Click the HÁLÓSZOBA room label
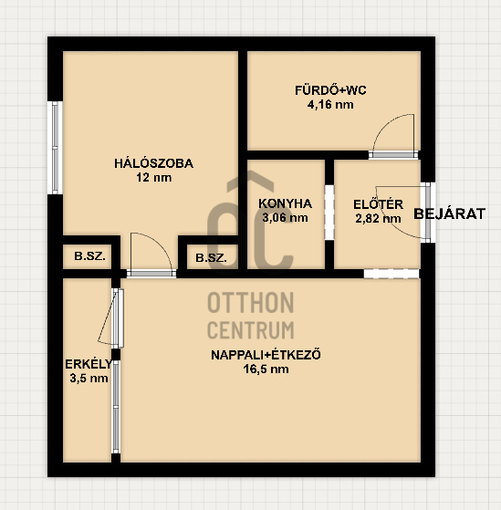pos(153,163)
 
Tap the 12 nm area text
pos(153,178)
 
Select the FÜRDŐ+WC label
pos(330,90)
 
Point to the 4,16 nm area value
pos(330,105)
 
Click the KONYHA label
pos(286,203)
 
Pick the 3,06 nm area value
pos(286,218)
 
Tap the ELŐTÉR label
pos(379,204)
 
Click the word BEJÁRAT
pos(450,213)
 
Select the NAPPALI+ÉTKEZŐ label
pos(266,355)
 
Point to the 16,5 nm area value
pos(266,369)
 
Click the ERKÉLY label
pos(89,364)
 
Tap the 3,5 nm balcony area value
pos(89,379)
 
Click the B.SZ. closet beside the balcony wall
pos(89,256)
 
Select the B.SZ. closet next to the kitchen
pos(211,258)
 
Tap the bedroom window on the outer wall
pos(55,148)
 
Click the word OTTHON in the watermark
pos(251,302)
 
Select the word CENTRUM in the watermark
pos(251,329)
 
